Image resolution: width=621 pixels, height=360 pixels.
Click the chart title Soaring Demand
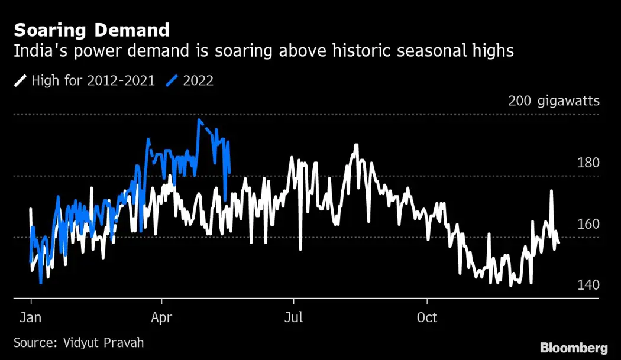[x=92, y=30]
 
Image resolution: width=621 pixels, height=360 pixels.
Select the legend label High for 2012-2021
[x=93, y=80]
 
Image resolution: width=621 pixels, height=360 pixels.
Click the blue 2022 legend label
[x=198, y=80]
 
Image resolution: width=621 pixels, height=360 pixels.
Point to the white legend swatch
[x=20, y=81]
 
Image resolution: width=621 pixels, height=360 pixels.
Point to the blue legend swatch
[x=172, y=81]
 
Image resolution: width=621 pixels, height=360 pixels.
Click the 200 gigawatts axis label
[x=554, y=101]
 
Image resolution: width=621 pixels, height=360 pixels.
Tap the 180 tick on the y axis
[x=588, y=163]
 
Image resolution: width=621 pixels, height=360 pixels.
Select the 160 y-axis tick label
[x=588, y=224]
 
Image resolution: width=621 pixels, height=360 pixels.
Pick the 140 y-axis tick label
[x=588, y=285]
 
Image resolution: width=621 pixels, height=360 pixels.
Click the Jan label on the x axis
[x=30, y=317]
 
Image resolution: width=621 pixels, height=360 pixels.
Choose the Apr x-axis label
[x=161, y=317]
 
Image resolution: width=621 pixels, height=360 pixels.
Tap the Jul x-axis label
[x=293, y=317]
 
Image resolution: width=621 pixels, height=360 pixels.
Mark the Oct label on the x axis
[x=427, y=317]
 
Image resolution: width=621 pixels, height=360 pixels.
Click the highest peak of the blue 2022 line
[x=199, y=120]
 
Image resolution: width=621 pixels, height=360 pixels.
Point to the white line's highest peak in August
[x=356, y=145]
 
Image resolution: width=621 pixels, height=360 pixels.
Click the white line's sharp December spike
[x=551, y=191]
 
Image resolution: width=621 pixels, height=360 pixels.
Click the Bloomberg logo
[x=574, y=347]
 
